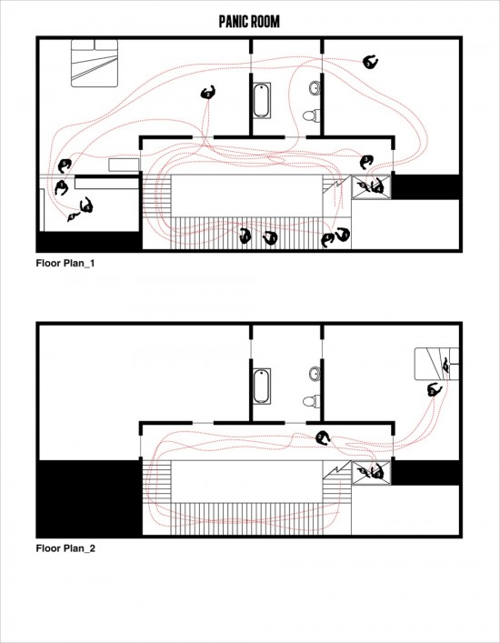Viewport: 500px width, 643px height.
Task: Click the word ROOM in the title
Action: (x=265, y=21)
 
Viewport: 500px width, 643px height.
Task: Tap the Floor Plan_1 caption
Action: (x=65, y=263)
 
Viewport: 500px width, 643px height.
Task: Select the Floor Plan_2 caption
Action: (x=65, y=548)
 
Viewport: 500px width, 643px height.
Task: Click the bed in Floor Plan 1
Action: (x=95, y=63)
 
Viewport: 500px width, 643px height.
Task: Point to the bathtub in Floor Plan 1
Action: (x=262, y=100)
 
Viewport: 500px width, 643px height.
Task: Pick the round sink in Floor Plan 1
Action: (x=315, y=87)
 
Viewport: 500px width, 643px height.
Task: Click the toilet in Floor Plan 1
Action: (x=312, y=116)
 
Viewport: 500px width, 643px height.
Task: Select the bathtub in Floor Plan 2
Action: (x=262, y=387)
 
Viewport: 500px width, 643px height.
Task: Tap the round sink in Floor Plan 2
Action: (x=315, y=374)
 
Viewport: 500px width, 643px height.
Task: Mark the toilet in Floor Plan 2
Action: (x=312, y=401)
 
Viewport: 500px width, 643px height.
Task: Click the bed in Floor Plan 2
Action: (x=436, y=364)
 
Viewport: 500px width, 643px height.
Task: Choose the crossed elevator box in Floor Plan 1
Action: (x=371, y=187)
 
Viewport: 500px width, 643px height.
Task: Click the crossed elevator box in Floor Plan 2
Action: (x=371, y=473)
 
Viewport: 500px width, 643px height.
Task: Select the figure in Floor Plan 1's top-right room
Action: (x=371, y=63)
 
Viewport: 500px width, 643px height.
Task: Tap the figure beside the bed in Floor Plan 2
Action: (x=434, y=389)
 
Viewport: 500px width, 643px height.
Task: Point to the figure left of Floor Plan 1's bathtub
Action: (x=208, y=93)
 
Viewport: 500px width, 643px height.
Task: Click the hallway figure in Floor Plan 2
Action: (x=323, y=438)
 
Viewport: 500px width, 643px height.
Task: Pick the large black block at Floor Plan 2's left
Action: (x=89, y=497)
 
